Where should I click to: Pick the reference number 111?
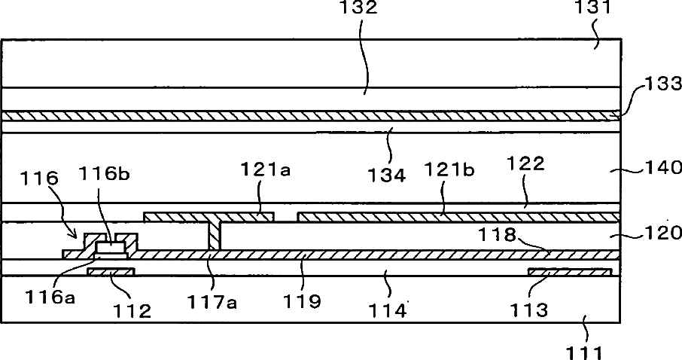click(589, 349)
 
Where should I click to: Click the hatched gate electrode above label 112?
click(111, 271)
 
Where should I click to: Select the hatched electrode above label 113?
click(569, 271)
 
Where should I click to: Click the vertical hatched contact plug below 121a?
click(214, 235)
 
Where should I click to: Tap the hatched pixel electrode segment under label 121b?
click(458, 218)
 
